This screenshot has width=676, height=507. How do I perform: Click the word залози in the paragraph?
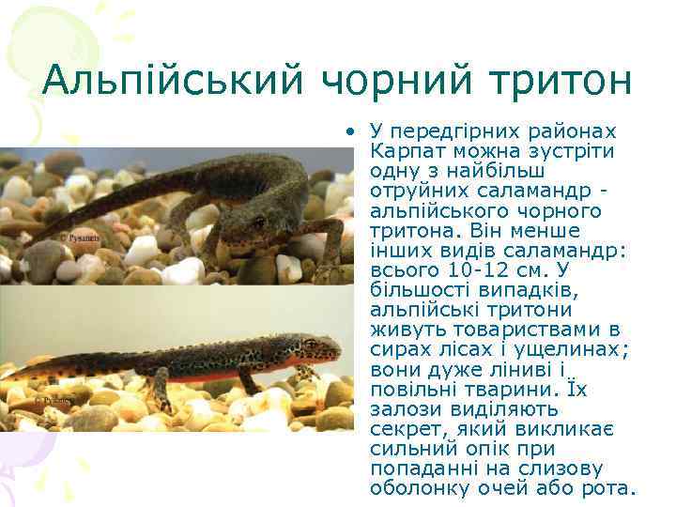pyautogui.click(x=405, y=409)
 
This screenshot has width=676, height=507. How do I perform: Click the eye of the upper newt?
pyautogui.click(x=259, y=222)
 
